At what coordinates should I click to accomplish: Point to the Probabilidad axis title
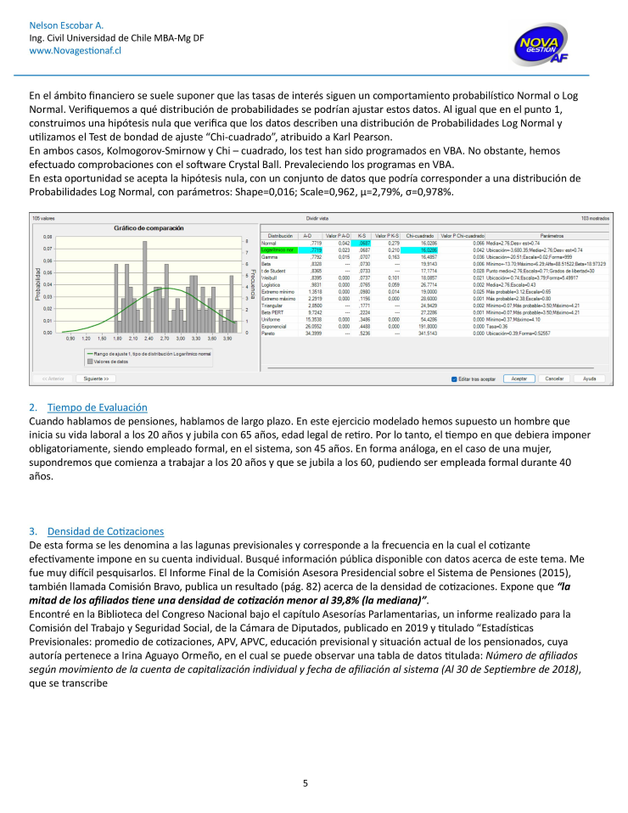click(37, 285)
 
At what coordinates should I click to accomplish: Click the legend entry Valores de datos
click(110, 362)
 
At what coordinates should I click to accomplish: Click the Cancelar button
click(554, 378)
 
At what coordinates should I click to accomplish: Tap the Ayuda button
click(589, 378)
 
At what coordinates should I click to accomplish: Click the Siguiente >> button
click(95, 378)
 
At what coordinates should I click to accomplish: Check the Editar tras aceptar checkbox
click(455, 378)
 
